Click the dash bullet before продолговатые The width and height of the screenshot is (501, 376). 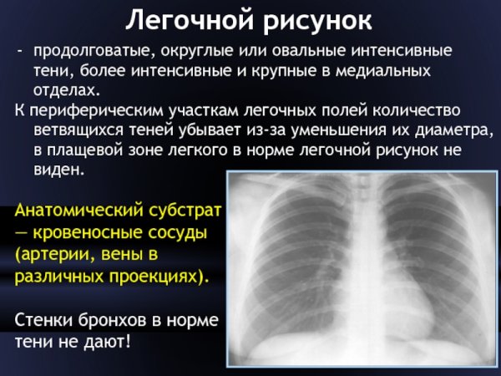(22, 51)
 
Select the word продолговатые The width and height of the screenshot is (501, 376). (88, 51)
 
